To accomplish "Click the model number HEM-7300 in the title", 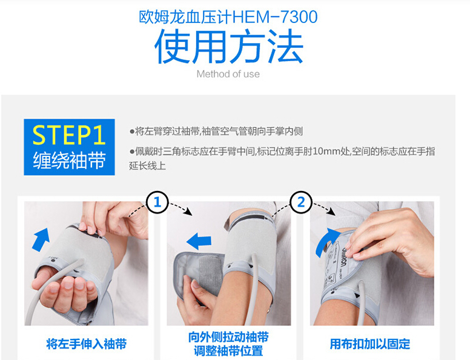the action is pyautogui.click(x=275, y=17).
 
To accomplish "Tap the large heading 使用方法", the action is pyautogui.click(x=229, y=46).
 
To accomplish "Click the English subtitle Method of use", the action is pyautogui.click(x=228, y=74).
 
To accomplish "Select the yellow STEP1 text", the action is pyautogui.click(x=69, y=135).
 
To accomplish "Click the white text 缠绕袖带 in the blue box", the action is pyautogui.click(x=69, y=160).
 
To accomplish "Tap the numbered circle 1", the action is pyautogui.click(x=157, y=202).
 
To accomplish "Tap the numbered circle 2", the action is pyautogui.click(x=301, y=202).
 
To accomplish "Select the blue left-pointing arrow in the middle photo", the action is pyautogui.click(x=199, y=241).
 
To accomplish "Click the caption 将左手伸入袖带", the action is pyautogui.click(x=87, y=344).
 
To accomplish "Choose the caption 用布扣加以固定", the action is pyautogui.click(x=370, y=344).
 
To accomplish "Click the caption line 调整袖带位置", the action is pyautogui.click(x=228, y=351).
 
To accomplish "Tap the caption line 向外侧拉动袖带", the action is pyautogui.click(x=228, y=337).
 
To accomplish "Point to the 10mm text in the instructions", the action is pyautogui.click(x=325, y=151).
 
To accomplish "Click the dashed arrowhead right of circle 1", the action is pyautogui.click(x=188, y=212).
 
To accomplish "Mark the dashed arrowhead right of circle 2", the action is pyautogui.click(x=332, y=212).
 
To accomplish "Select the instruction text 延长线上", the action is pyautogui.click(x=147, y=165).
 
